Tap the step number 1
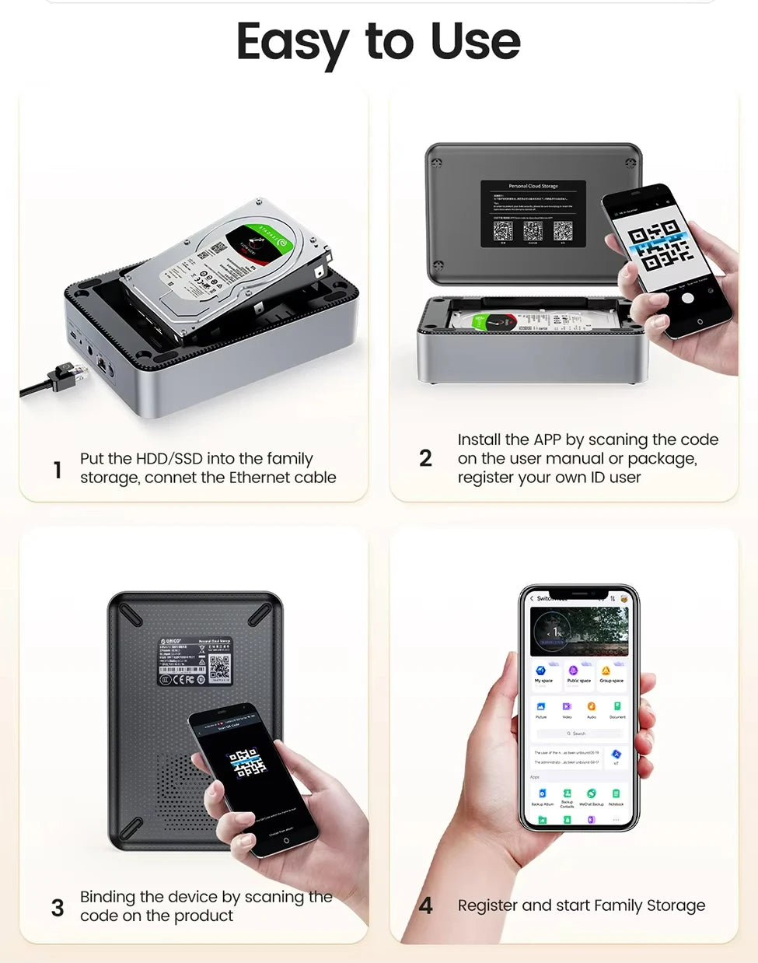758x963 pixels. pos(58,470)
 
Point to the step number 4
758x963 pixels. pos(425,905)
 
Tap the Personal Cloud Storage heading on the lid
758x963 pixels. pos(533,187)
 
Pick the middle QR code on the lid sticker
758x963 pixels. pos(533,230)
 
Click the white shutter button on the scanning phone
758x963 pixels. pos(687,299)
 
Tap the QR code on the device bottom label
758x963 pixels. pos(220,667)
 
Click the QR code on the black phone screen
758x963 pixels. pos(246,763)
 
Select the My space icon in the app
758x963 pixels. pos(541,671)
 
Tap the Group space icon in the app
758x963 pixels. pos(606,671)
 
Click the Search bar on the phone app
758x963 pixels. pos(579,734)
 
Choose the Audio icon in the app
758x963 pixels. pos(592,707)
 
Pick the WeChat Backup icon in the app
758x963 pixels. pos(591,794)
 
